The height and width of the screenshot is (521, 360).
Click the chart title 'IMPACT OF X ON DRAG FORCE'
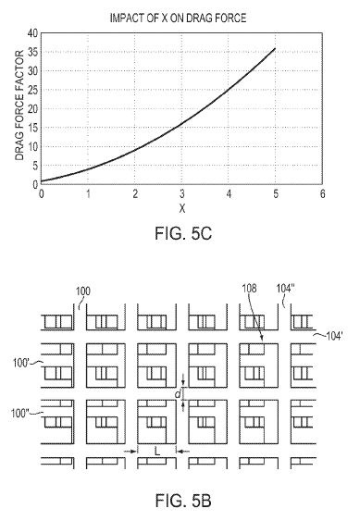[178, 18]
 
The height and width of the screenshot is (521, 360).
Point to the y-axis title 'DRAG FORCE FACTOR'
[19, 105]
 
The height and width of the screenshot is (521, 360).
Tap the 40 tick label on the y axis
[33, 33]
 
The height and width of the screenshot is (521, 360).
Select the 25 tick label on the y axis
[33, 90]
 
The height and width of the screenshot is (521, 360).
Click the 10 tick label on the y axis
[33, 146]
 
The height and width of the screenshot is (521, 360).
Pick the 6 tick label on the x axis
[322, 193]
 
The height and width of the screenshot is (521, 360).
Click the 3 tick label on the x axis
[181, 193]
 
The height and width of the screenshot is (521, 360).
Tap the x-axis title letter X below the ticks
[181, 208]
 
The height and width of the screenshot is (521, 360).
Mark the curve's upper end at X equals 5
[275, 48]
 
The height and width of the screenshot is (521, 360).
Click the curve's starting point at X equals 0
[42, 181]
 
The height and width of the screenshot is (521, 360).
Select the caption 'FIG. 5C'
[183, 233]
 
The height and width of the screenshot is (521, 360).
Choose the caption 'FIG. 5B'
[183, 501]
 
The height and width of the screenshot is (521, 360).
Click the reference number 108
[249, 289]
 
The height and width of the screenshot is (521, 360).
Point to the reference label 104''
[286, 289]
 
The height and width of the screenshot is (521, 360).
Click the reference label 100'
[21, 363]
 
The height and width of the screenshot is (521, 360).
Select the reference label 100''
[20, 414]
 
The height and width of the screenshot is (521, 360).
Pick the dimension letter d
[178, 394]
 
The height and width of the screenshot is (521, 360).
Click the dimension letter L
[157, 452]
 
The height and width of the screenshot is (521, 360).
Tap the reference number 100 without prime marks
[82, 292]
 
